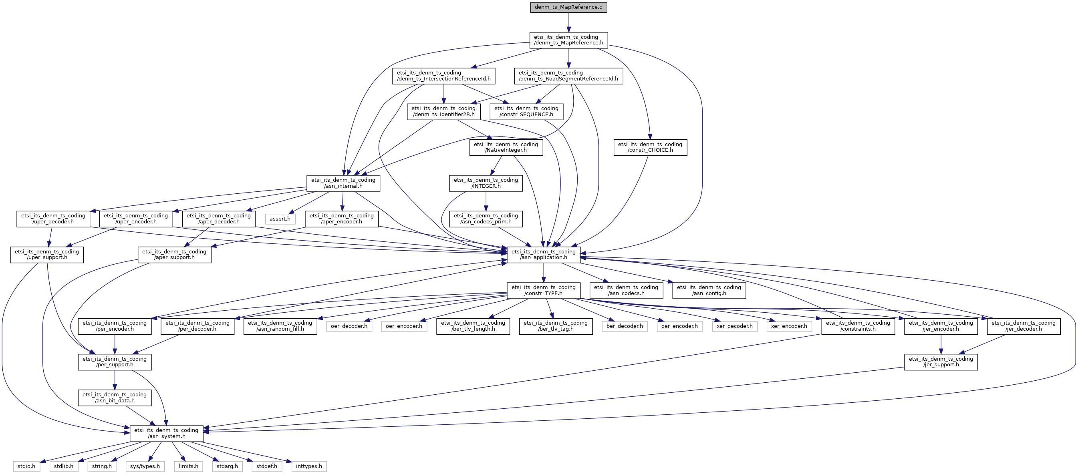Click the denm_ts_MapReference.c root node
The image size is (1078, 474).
tap(568, 7)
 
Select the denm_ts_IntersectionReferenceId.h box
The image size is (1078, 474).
tap(443, 76)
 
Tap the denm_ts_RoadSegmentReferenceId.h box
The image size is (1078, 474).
tap(568, 76)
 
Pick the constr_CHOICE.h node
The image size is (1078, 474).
tap(650, 147)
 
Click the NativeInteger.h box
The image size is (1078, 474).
tap(506, 147)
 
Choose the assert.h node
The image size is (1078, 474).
tap(280, 219)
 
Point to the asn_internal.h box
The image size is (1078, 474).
tap(343, 183)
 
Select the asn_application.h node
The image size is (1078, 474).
tap(544, 254)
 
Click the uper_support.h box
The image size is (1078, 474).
tap(47, 254)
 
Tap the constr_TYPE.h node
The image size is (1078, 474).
tap(544, 290)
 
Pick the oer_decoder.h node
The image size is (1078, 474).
tap(349, 326)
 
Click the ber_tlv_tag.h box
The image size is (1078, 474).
tap(556, 326)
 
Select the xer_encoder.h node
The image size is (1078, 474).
tap(789, 326)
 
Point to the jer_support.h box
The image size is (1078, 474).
tap(941, 362)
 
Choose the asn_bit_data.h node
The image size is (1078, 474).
tap(115, 398)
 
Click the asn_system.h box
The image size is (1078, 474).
tap(166, 433)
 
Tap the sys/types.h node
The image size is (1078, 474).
tap(145, 466)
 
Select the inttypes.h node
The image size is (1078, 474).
tap(309, 466)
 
